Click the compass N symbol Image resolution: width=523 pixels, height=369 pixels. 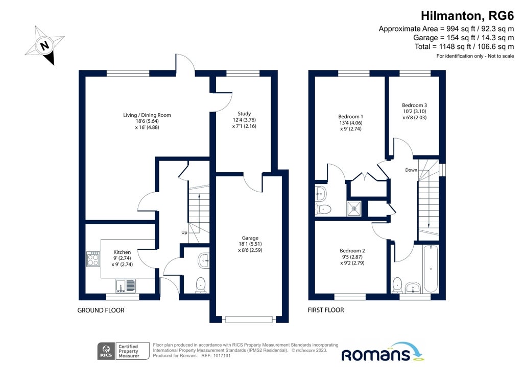tap(44, 45)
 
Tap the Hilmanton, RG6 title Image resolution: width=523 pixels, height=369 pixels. tap(467, 16)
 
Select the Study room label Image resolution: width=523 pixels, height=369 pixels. tap(244, 114)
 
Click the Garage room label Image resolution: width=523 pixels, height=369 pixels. tap(250, 238)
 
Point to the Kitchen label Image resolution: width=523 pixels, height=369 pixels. tap(122, 252)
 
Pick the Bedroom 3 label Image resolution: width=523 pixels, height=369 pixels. tap(414, 105)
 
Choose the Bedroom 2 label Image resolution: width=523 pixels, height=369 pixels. tap(352, 251)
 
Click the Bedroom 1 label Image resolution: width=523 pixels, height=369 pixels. tap(350, 116)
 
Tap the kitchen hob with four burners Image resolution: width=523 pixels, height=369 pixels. tap(93, 259)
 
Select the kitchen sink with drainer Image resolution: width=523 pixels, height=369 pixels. tap(126, 286)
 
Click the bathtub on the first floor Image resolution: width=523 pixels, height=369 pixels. tap(431, 269)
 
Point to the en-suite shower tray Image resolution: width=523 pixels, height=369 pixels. tap(354, 208)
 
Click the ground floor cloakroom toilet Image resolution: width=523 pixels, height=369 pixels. tap(200, 285)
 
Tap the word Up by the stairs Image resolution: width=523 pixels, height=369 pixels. tap(184, 232)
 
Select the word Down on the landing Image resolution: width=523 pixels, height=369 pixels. tap(411, 170)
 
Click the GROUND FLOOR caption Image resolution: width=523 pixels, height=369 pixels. tap(101, 310)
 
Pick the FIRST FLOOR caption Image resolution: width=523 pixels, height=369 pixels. tap(326, 310)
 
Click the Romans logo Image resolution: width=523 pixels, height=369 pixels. tap(382, 352)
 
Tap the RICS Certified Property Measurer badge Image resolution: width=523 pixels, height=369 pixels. tap(124, 351)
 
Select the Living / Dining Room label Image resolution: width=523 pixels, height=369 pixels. tap(147, 115)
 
